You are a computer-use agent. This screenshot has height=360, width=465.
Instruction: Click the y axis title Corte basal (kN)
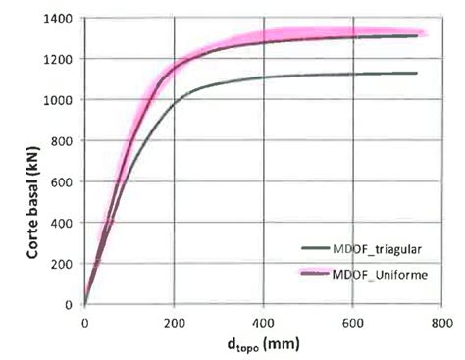[x=32, y=162]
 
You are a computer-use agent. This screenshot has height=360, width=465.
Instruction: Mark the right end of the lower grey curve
[x=417, y=73]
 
